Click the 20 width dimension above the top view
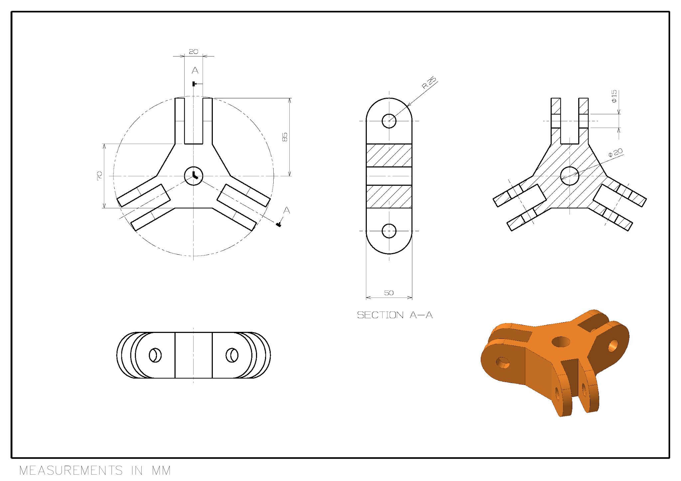(x=194, y=52)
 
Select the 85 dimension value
(x=285, y=137)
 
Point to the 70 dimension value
(x=99, y=176)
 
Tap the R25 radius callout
(x=429, y=82)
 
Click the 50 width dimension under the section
(x=389, y=293)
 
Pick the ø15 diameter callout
(x=614, y=96)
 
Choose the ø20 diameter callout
(x=615, y=152)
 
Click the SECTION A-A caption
(x=395, y=315)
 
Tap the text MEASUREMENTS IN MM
(x=95, y=470)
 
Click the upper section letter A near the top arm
(x=195, y=70)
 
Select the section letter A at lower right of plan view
(x=287, y=210)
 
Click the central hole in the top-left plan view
(x=194, y=176)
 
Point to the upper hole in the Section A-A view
(x=389, y=121)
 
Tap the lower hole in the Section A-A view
(x=389, y=231)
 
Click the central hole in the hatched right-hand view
(x=570, y=176)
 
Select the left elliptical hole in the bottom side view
(x=155, y=355)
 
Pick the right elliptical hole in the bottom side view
(x=232, y=355)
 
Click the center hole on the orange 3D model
(x=561, y=341)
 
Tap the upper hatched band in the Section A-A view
(x=389, y=155)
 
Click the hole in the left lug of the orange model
(x=503, y=362)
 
